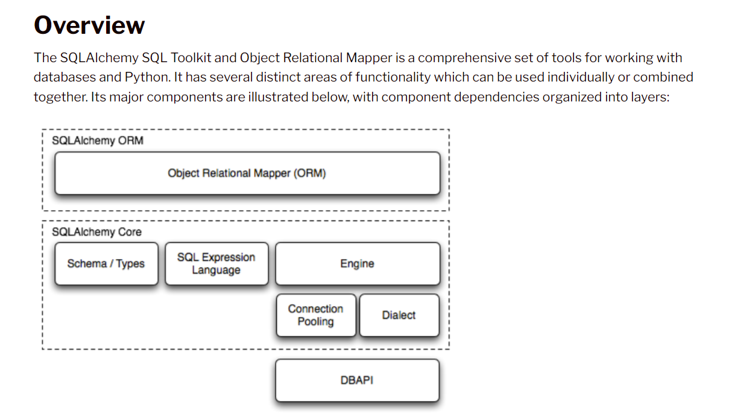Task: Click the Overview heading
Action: pos(89,25)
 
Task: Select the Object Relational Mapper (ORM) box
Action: pos(247,173)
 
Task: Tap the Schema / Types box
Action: pos(106,264)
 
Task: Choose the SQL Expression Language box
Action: pos(216,264)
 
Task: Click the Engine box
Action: pos(358,264)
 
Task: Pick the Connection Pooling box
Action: pos(316,315)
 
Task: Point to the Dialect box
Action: pos(399,315)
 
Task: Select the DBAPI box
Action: pos(358,380)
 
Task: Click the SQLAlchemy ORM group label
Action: pos(98,141)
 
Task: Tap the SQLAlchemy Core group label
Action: pos(96,232)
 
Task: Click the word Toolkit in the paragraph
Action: pos(191,58)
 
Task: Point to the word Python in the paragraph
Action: pos(147,77)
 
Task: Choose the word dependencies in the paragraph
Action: pos(497,97)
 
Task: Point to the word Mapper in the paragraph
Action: pos(369,59)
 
